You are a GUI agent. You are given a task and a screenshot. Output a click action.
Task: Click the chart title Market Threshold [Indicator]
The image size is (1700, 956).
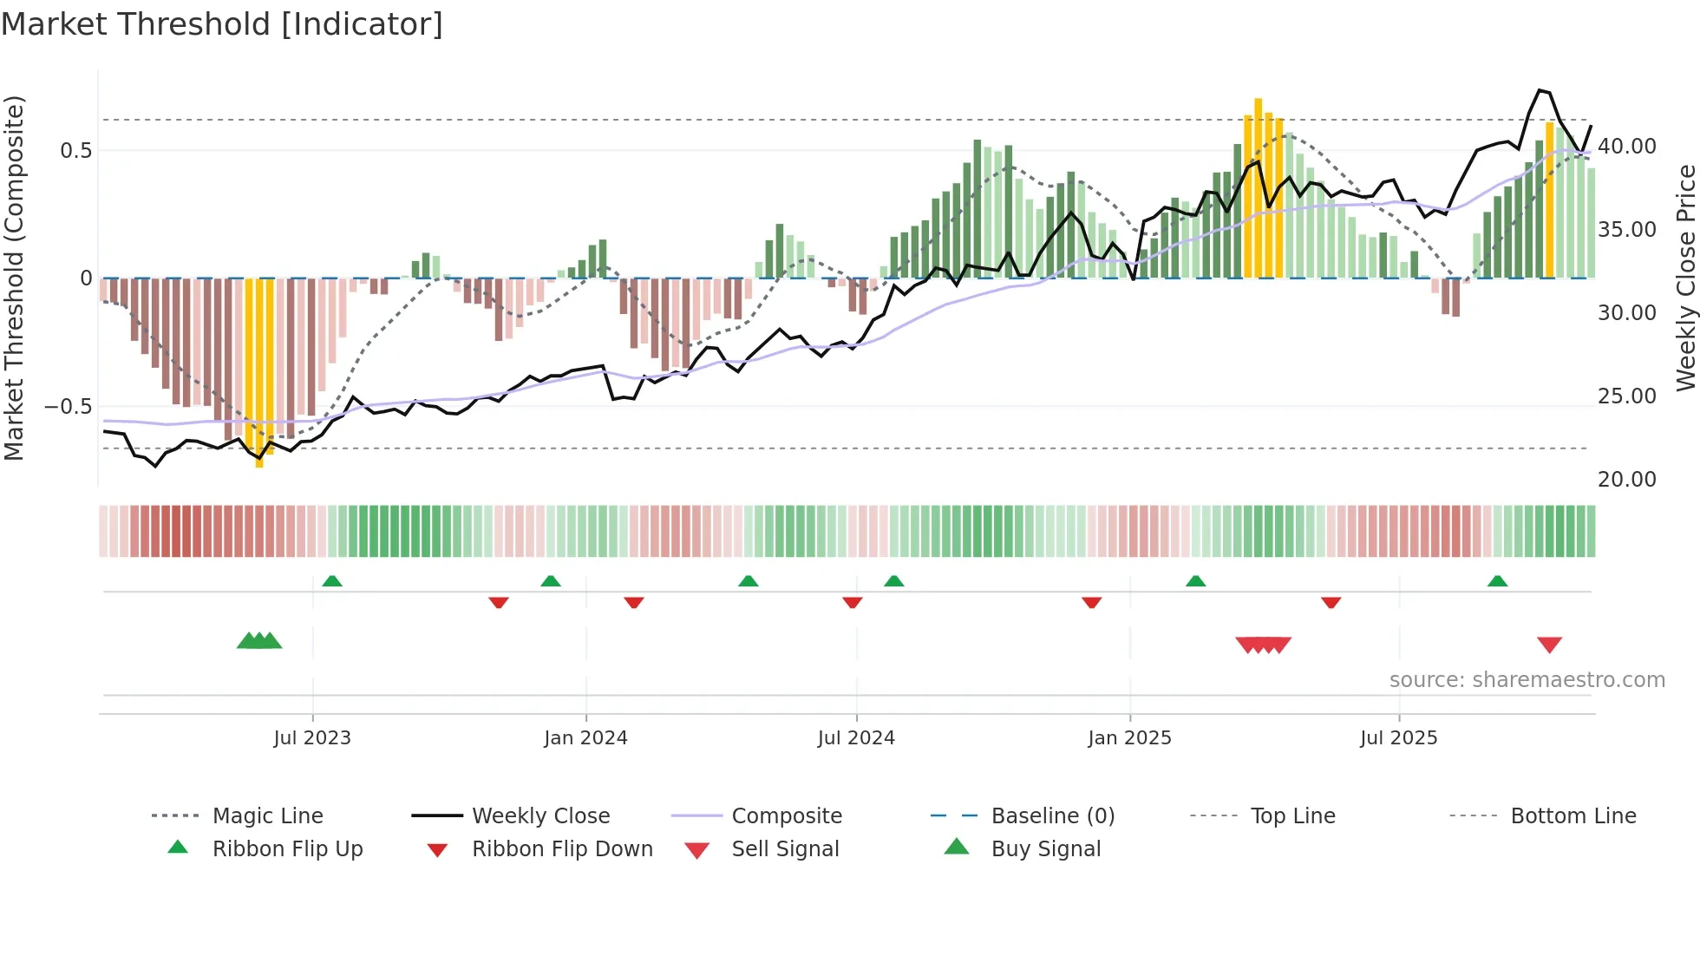[222, 24]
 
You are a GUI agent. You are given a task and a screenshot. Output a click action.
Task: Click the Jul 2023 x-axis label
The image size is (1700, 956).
[312, 738]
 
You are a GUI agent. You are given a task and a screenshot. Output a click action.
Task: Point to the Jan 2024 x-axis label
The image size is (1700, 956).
[585, 738]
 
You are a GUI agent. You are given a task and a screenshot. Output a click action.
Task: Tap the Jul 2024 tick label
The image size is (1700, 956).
[856, 738]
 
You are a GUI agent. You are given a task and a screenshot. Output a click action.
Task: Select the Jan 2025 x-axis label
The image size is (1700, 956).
[1129, 738]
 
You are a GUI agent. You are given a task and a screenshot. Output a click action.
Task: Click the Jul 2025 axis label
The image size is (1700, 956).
[1398, 738]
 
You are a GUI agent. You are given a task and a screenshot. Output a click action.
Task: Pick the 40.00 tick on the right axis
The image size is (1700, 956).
[1627, 147]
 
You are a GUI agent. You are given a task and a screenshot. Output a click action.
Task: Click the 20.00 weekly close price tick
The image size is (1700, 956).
[1627, 480]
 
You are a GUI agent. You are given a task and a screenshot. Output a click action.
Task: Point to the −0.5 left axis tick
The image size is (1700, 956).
[68, 407]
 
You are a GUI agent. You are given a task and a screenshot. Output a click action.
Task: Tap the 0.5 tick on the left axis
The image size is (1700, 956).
[75, 151]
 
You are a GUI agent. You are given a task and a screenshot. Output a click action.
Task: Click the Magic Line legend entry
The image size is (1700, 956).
[267, 816]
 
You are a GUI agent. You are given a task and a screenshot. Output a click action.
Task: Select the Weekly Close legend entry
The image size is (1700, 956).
[540, 816]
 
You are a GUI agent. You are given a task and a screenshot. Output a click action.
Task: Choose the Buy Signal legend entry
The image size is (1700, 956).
[1045, 849]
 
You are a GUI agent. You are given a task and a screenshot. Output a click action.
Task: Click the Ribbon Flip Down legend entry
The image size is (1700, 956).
[561, 849]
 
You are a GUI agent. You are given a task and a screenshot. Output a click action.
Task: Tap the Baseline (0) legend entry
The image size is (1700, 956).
[1052, 816]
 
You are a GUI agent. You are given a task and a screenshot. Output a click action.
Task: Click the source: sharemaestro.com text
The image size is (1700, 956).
[1527, 680]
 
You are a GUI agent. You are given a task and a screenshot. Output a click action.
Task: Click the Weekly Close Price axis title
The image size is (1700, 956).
[1685, 278]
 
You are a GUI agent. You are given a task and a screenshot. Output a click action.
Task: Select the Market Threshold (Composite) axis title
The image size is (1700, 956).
[14, 278]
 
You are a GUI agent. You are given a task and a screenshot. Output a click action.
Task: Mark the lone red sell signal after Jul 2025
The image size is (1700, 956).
[1549, 645]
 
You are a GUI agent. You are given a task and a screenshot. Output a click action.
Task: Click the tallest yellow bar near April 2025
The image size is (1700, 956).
[1258, 187]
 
